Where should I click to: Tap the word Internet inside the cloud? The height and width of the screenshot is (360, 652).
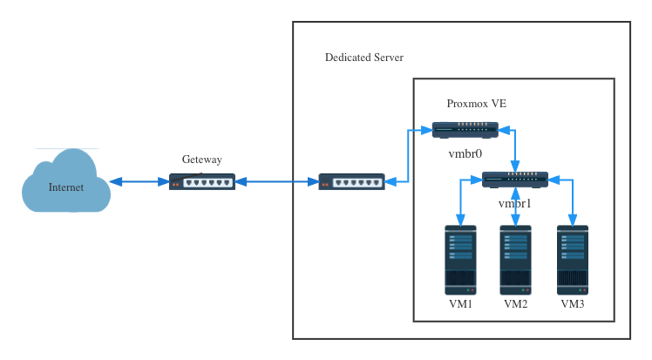(x=66, y=187)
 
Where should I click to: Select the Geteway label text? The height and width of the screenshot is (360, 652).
(x=201, y=160)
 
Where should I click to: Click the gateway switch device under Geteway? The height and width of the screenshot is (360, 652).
(x=201, y=181)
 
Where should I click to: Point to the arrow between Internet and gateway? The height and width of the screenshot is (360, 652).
(x=139, y=181)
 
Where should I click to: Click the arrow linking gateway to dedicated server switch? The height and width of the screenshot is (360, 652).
(x=276, y=181)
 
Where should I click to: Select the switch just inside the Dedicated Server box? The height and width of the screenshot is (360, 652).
(x=351, y=181)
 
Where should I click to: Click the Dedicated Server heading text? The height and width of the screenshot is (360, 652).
(x=363, y=58)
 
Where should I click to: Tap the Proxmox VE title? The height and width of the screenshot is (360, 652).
(x=476, y=103)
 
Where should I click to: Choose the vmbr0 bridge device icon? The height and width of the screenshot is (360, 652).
(x=465, y=130)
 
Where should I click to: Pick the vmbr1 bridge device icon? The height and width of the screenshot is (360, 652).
(x=514, y=180)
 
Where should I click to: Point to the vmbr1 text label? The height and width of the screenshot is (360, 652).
(x=514, y=202)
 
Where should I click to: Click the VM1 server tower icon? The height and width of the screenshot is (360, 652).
(x=459, y=260)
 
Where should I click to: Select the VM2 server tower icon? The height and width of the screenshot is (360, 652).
(x=515, y=260)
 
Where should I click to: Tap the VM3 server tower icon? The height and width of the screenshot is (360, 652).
(x=573, y=260)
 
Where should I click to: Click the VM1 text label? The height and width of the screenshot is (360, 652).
(x=459, y=304)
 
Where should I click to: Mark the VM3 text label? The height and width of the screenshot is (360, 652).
(x=573, y=304)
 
